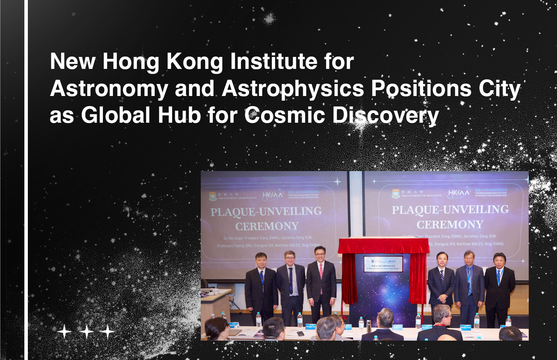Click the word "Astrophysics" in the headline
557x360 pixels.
(x=293, y=89)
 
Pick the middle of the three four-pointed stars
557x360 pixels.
(x=86, y=332)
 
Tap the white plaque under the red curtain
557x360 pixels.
(x=384, y=264)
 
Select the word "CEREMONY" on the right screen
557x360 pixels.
(x=450, y=225)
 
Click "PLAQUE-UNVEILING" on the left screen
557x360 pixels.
(x=266, y=211)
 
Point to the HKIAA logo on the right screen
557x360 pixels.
(x=458, y=193)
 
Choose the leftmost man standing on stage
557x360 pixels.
(x=261, y=286)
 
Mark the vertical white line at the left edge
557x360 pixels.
(x=26, y=180)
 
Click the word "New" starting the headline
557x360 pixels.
(x=73, y=62)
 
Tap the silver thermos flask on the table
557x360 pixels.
(x=369, y=326)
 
